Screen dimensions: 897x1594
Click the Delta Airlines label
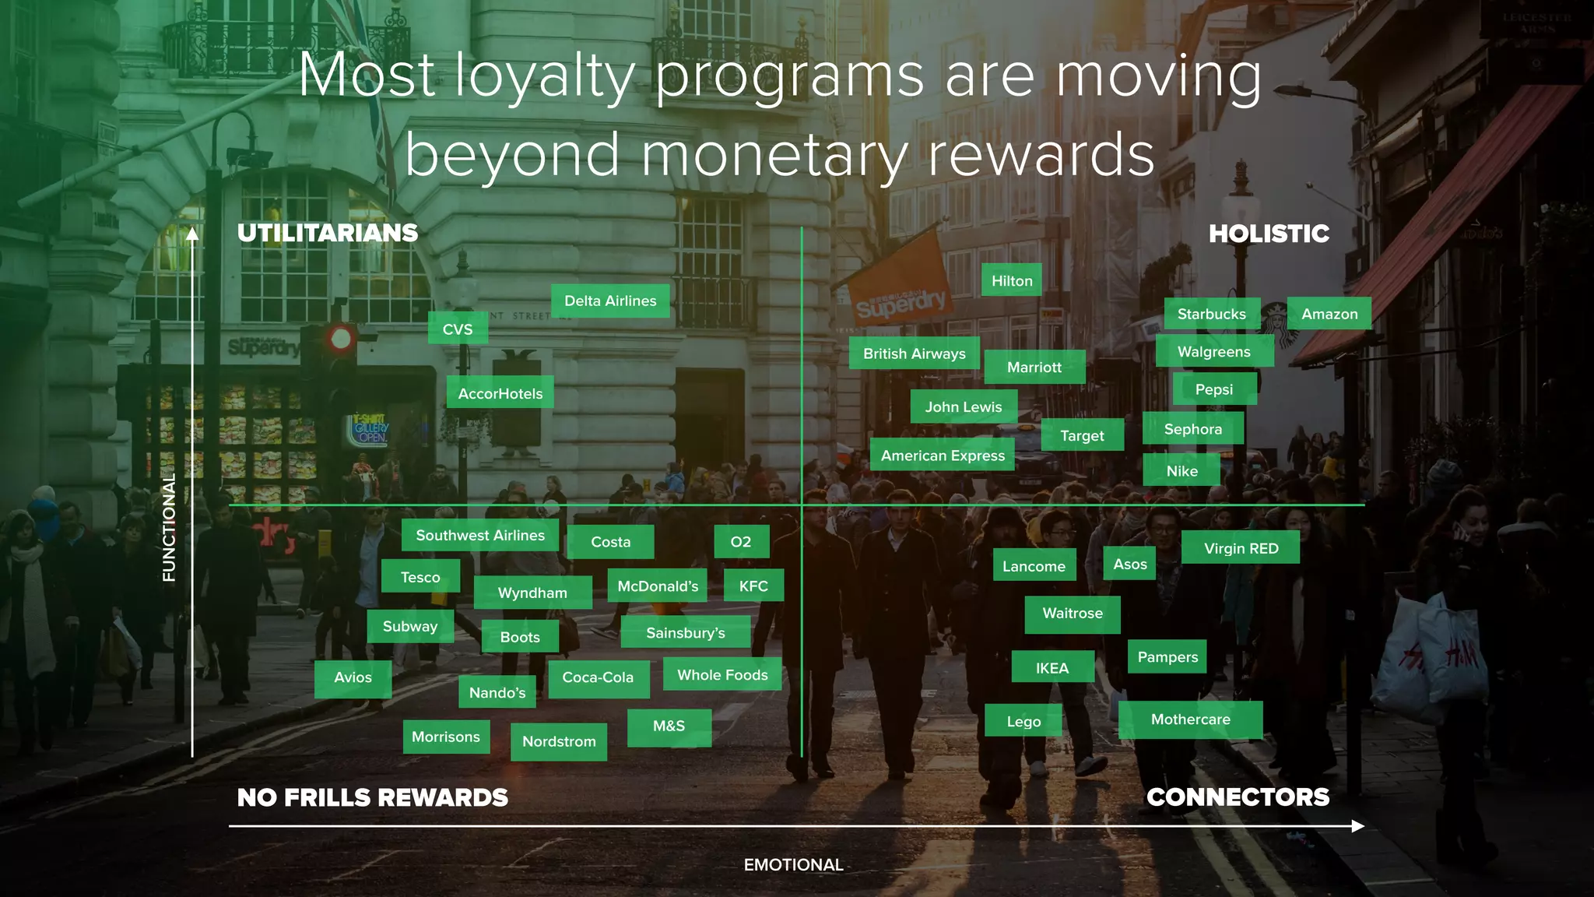(610, 301)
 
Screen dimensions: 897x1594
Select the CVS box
(458, 329)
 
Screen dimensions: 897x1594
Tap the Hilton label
(1012, 281)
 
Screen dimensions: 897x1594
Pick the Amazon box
(1329, 314)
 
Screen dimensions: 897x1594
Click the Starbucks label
(1212, 314)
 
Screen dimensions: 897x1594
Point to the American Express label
(943, 456)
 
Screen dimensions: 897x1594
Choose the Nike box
(1181, 471)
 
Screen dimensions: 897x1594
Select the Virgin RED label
(1241, 548)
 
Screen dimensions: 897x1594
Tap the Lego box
(1023, 722)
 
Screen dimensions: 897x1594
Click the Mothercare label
(1190, 719)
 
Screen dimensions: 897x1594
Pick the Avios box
(353, 677)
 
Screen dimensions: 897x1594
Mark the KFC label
(753, 586)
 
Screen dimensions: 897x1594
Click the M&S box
(669, 726)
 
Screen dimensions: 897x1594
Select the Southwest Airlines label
(480, 536)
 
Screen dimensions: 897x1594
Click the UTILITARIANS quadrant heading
(328, 233)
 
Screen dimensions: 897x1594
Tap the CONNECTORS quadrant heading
(1238, 797)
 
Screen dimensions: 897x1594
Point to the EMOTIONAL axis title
(793, 865)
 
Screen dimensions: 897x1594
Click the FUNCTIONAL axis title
(169, 528)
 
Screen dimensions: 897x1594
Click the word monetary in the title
(774, 156)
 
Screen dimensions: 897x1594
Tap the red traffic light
(341, 339)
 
